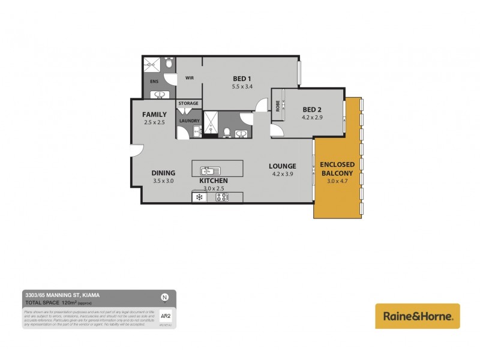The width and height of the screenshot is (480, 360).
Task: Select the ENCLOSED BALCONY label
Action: pyautogui.click(x=337, y=168)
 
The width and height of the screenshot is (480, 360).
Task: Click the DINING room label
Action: pyautogui.click(x=163, y=173)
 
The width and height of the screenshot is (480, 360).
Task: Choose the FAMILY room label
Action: pyautogui.click(x=154, y=115)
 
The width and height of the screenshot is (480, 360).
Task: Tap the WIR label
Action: pyautogui.click(x=189, y=78)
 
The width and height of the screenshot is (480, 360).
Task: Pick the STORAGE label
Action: pyautogui.click(x=188, y=104)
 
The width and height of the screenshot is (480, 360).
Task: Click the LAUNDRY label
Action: pyautogui.click(x=188, y=121)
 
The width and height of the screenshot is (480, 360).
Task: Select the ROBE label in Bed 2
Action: pyautogui.click(x=278, y=106)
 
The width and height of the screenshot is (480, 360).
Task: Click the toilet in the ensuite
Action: pyautogui.click(x=170, y=63)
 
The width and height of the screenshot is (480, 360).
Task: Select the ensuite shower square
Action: pyautogui.click(x=153, y=64)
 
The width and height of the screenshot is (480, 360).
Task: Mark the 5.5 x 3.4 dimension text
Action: pyautogui.click(x=241, y=87)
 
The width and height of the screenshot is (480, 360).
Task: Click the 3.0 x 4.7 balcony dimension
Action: pyautogui.click(x=337, y=181)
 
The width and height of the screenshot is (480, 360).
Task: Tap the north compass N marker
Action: pyautogui.click(x=164, y=297)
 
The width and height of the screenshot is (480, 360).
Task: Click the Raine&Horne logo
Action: pyautogui.click(x=418, y=316)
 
